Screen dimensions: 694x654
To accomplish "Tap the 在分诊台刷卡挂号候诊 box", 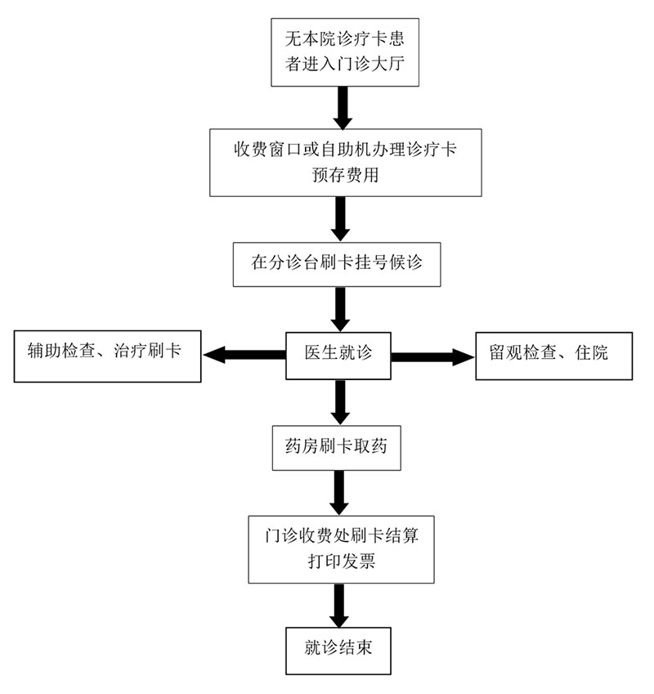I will pyautogui.click(x=337, y=264).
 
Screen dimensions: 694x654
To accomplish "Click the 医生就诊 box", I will pyautogui.click(x=338, y=354).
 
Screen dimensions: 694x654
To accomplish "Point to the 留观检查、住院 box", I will pyautogui.click(x=553, y=355).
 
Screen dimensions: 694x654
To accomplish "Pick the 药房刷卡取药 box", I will pyautogui.click(x=337, y=446).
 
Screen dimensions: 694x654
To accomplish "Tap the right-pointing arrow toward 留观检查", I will pyautogui.click(x=433, y=356).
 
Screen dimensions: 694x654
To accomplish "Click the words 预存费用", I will pyautogui.click(x=345, y=175).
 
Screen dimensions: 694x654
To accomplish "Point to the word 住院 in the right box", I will pyautogui.click(x=594, y=354).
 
